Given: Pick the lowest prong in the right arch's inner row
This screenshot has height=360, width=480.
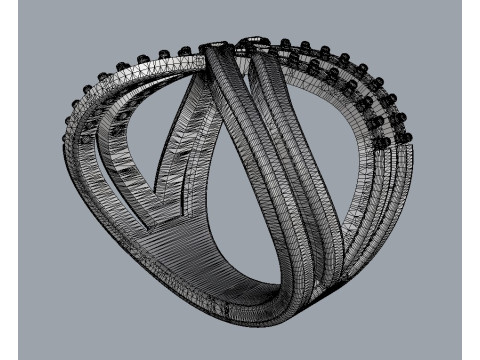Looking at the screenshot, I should point(380,143).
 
